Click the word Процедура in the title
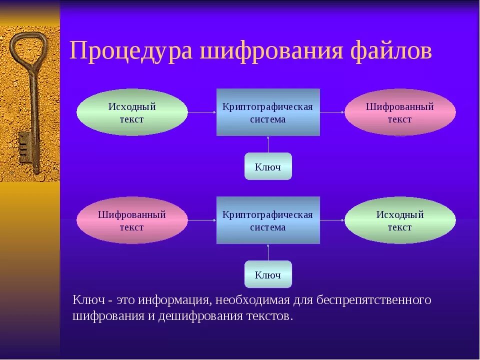[130, 51]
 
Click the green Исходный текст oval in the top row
[132, 112]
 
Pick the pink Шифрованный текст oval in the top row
[400, 112]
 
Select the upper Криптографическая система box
[268, 112]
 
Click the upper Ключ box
[268, 166]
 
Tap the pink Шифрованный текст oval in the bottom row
[132, 220]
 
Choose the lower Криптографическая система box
[268, 220]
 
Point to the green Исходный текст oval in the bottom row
[400, 220]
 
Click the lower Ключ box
[268, 274]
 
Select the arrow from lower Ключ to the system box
[268, 252]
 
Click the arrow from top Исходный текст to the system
[202, 112]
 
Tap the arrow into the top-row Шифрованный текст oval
[332, 112]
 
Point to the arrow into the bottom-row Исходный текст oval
[332, 220]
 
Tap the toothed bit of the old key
[24, 147]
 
